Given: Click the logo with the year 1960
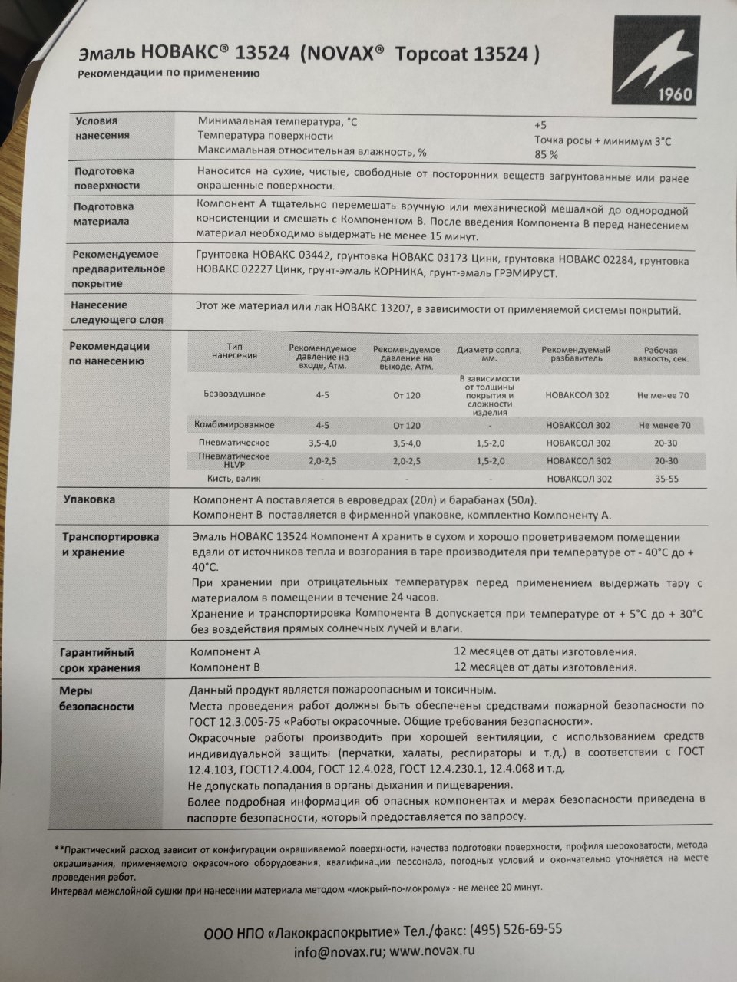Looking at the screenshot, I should (x=654, y=62).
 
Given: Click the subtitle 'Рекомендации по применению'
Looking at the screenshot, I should (x=168, y=74).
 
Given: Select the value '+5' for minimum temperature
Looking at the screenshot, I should (x=540, y=125).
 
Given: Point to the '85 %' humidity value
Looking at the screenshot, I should (x=546, y=155).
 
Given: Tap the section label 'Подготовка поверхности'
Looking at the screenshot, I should (x=107, y=178).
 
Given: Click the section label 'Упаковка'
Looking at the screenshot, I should (x=89, y=499).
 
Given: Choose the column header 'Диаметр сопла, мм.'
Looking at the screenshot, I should (x=489, y=354).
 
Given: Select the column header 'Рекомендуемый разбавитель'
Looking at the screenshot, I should (x=577, y=354).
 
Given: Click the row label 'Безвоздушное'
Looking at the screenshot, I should (x=234, y=394).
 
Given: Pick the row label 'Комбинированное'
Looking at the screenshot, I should (x=234, y=425).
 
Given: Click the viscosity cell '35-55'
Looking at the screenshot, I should (x=666, y=479).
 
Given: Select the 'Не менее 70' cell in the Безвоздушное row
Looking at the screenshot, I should (x=663, y=395).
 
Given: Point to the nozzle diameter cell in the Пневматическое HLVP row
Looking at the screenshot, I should (x=490, y=461).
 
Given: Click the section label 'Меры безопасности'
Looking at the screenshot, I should (x=96, y=698).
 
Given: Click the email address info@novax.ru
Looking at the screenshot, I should (x=338, y=951).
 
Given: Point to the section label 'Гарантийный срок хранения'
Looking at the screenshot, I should (x=100, y=660).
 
